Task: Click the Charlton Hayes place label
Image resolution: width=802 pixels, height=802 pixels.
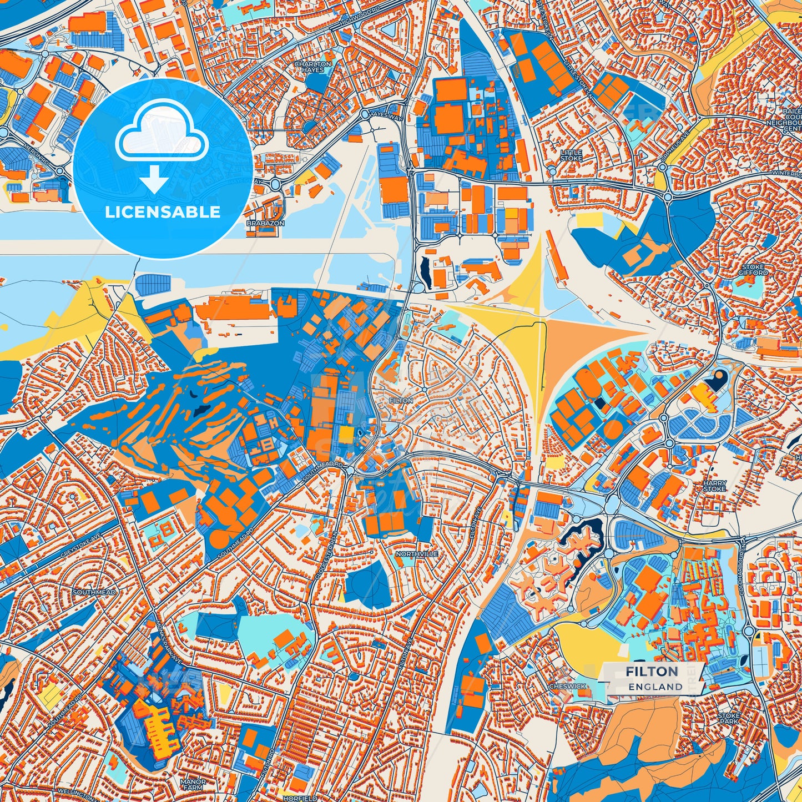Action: coord(313,67)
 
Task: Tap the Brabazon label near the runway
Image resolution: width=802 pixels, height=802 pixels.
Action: coord(265,223)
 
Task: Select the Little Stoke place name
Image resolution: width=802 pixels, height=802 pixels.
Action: coord(571,155)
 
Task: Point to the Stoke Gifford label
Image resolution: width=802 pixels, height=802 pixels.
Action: coord(753,270)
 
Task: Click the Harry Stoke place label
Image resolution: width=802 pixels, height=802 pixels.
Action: coord(714,486)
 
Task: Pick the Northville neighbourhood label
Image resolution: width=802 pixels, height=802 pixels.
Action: coord(417,554)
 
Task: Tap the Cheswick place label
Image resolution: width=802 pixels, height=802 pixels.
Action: coord(567,686)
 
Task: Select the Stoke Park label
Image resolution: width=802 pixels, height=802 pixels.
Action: coord(729,719)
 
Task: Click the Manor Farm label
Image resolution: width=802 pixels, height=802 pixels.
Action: coord(193,784)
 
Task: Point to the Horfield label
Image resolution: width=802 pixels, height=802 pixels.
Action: coord(299,798)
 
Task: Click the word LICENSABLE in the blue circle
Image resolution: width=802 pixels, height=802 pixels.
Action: coord(163,212)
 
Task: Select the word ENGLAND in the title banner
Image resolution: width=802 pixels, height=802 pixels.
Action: coord(655,687)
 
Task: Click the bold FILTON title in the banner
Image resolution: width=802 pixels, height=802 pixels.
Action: coord(652,672)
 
